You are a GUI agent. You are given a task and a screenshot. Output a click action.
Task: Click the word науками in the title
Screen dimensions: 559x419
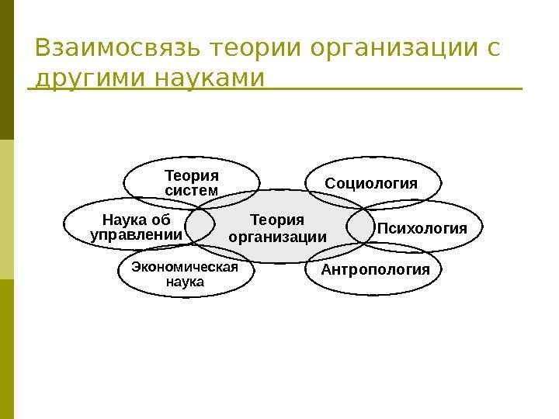pos(203,79)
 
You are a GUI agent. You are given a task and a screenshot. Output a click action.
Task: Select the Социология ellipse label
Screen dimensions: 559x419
pos(371,184)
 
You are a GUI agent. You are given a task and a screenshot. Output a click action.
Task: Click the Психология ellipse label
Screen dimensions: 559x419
pos(422,229)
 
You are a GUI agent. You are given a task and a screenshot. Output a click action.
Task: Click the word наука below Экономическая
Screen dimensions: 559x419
pos(186,282)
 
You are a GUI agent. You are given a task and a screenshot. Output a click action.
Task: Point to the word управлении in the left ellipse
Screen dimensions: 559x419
pos(137,234)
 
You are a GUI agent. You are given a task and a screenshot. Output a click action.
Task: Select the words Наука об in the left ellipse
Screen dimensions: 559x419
pos(137,219)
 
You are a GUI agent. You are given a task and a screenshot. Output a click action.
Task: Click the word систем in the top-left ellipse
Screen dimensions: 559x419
pos(191,190)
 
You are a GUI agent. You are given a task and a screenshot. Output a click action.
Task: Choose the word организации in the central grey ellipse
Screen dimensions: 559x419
pos(278,236)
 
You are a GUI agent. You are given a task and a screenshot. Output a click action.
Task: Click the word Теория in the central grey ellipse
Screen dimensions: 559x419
pos(278,220)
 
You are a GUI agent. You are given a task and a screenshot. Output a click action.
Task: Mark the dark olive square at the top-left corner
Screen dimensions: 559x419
pos(7,70)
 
